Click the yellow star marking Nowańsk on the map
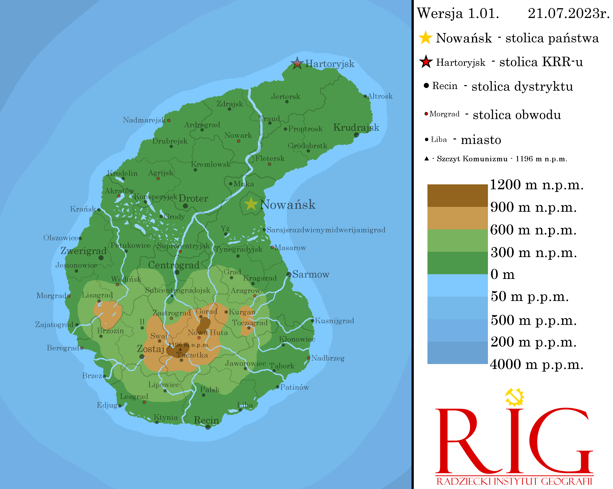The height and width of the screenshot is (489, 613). tap(251, 204)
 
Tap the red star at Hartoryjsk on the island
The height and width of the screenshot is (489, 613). tap(297, 63)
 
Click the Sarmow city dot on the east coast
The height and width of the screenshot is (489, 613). tap(289, 274)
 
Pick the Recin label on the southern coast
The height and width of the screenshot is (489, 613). tap(206, 420)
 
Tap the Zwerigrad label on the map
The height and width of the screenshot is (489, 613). tap(84, 251)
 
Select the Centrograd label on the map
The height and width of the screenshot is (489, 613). tap(174, 265)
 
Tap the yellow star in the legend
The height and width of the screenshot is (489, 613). tap(425, 38)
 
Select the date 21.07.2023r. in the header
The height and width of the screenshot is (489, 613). tap(568, 13)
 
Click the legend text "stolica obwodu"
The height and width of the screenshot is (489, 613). tap(517, 115)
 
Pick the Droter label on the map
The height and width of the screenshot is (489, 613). tap(193, 198)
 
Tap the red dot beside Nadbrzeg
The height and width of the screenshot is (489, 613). tap(309, 358)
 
